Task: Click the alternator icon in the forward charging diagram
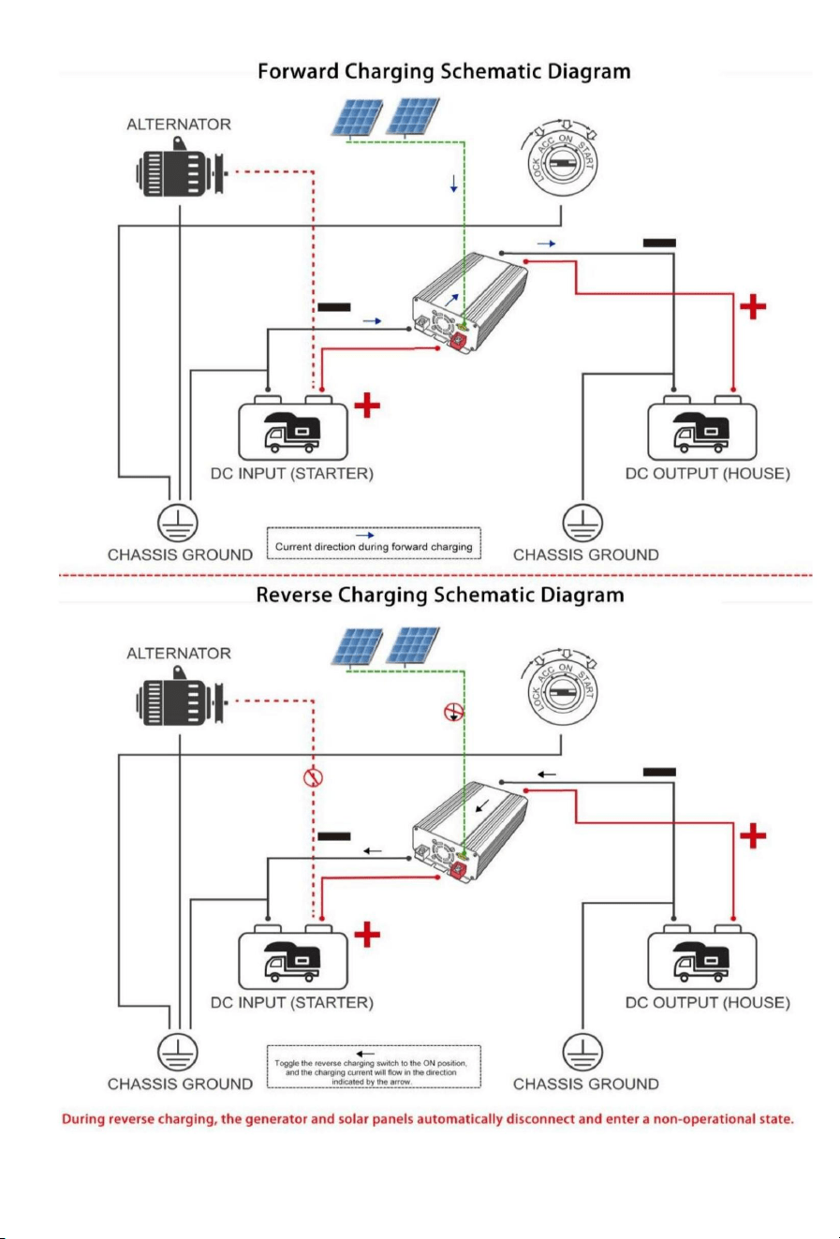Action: [x=182, y=168]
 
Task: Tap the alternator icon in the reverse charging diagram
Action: [x=182, y=697]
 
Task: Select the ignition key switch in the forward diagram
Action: [x=561, y=161]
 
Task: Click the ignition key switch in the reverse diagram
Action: [x=561, y=690]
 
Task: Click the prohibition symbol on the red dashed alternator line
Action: [x=314, y=777]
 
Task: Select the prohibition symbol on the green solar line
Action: [x=454, y=713]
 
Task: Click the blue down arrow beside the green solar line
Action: [x=454, y=184]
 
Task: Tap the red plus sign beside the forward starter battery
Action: [x=367, y=406]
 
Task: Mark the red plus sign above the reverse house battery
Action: [x=753, y=835]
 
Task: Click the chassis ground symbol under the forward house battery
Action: [x=582, y=523]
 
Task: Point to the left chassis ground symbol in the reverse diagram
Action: [x=178, y=1052]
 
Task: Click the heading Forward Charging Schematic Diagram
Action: [x=444, y=72]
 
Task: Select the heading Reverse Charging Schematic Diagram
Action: [x=440, y=596]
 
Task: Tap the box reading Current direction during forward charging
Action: [x=374, y=543]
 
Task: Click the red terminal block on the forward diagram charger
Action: [x=459, y=341]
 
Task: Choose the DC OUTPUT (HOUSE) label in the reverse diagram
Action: [x=708, y=1003]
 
